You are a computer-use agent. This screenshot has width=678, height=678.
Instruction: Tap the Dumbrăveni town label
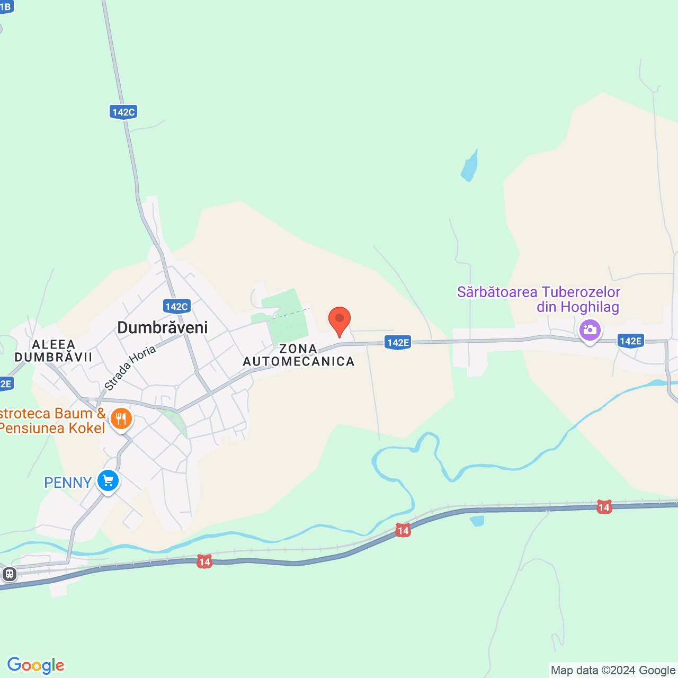[x=162, y=327]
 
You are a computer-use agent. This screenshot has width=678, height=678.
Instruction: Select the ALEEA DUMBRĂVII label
[x=53, y=351]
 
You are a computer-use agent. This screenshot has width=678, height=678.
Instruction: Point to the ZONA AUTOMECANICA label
[x=299, y=355]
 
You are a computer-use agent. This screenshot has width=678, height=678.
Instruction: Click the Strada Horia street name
[x=130, y=368]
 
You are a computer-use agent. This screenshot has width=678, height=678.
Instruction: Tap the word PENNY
[x=68, y=483]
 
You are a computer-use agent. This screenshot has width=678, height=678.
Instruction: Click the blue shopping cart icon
[x=108, y=481]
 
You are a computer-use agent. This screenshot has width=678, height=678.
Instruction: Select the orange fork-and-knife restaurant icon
[x=121, y=419]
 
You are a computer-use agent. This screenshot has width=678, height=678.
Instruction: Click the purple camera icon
[x=590, y=331]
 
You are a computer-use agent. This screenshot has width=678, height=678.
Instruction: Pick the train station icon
[x=9, y=574]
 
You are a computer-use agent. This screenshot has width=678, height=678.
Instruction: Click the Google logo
[x=35, y=665]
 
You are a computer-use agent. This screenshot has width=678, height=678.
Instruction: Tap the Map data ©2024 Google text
[x=613, y=671]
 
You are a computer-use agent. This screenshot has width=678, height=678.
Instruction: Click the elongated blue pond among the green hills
[x=470, y=166]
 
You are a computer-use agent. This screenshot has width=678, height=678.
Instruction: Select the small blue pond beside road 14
[x=477, y=521]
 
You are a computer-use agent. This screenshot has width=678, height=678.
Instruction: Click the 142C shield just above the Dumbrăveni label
[x=176, y=306]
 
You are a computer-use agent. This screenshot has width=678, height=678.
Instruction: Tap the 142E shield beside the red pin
[x=398, y=343]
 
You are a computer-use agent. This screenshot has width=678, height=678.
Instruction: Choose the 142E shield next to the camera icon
[x=630, y=341]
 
